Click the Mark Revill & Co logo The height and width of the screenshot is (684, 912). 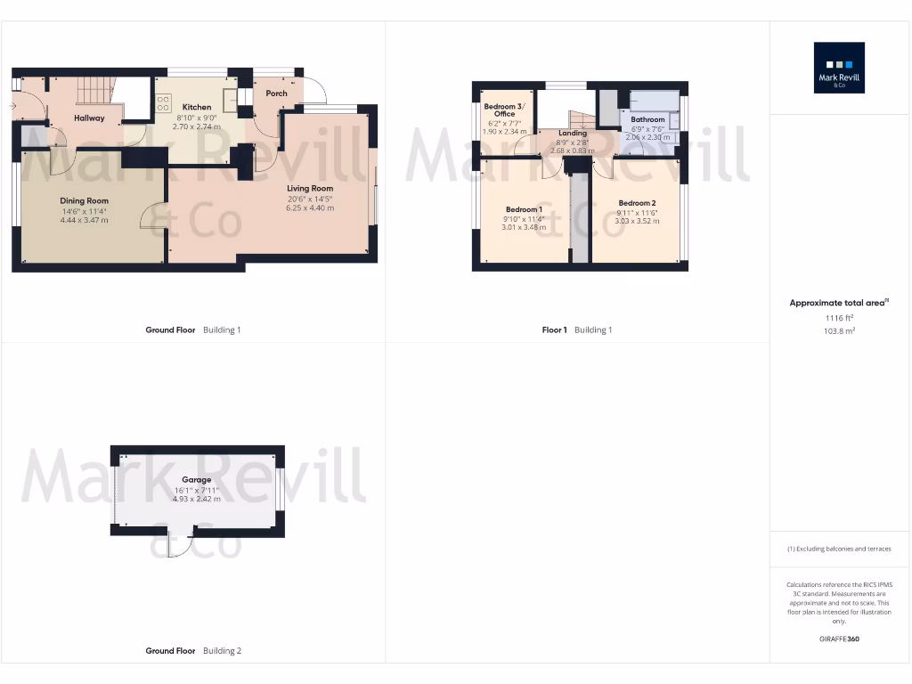click(839, 68)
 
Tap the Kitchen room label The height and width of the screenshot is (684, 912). click(196, 107)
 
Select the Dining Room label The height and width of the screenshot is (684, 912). click(84, 201)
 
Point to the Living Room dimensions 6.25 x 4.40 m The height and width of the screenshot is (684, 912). click(310, 208)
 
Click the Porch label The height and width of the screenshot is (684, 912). click(276, 94)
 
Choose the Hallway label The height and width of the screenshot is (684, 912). click(89, 118)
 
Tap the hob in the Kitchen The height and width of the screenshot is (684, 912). click(163, 103)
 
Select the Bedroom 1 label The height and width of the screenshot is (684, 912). click(523, 209)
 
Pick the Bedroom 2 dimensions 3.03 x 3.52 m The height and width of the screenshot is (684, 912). click(637, 221)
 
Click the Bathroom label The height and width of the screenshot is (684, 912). click(647, 119)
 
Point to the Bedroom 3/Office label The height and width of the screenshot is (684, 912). click(505, 110)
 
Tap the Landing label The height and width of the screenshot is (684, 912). click(573, 134)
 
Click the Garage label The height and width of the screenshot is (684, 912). click(197, 480)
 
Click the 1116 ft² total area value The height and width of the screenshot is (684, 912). click(838, 318)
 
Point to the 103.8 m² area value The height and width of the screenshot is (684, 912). click(838, 330)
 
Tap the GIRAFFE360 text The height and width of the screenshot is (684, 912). click(838, 639)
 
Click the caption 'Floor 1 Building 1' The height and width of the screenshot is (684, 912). click(577, 330)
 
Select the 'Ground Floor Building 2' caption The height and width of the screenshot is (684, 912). click(193, 651)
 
